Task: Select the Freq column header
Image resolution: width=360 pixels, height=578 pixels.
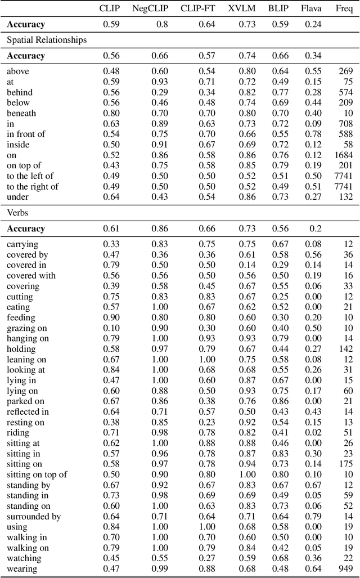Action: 344,8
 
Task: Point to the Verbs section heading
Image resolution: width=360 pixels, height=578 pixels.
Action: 18,212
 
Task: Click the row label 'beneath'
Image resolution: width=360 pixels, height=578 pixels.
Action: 21,113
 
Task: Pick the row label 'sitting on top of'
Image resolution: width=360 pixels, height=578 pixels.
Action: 37,474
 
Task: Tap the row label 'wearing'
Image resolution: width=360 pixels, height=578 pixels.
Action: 22,568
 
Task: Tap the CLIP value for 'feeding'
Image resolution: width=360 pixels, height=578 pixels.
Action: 110,317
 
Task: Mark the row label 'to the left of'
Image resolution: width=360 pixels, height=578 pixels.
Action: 33,176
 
